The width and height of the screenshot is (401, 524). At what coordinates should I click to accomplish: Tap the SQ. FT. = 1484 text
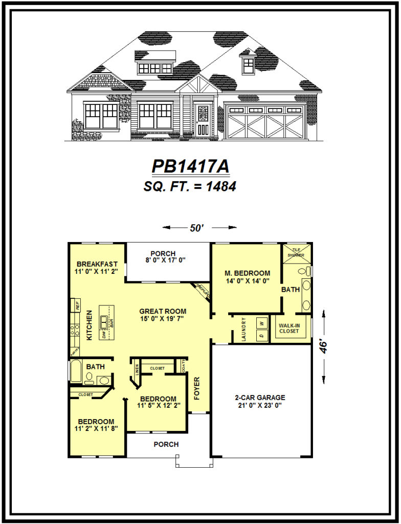pos(190,187)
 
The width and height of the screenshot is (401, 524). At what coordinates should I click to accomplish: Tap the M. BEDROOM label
pos(248,273)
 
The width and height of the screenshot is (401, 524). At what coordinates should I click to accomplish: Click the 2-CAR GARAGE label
pos(260,398)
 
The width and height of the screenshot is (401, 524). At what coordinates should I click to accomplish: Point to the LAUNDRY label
pos(244,330)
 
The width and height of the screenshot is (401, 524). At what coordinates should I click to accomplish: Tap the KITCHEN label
pos(90,325)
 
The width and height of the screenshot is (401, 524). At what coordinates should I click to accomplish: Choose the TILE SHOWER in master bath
pos(295,252)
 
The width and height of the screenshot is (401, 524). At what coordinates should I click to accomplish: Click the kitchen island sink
pos(105,322)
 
